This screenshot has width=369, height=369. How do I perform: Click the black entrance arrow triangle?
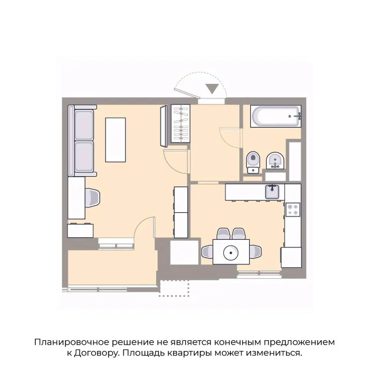click(x=212, y=89)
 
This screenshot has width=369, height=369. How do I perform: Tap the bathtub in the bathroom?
click(x=275, y=116)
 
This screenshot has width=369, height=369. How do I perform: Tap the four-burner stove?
click(x=293, y=209)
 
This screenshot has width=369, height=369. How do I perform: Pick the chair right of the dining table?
click(x=256, y=252)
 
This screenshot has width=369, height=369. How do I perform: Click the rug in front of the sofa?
click(x=116, y=140)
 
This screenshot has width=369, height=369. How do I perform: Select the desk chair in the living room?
click(x=93, y=198)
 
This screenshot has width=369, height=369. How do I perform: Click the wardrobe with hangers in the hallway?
click(x=180, y=124)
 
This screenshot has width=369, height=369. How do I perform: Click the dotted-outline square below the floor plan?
click(x=175, y=288)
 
